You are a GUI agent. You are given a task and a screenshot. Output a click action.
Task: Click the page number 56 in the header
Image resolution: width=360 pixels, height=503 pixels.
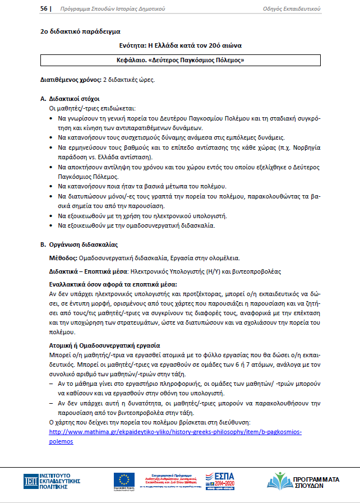tap(43, 9)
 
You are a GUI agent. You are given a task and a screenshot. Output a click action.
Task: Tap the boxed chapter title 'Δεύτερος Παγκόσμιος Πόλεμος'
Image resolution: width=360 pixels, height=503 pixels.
tap(180, 59)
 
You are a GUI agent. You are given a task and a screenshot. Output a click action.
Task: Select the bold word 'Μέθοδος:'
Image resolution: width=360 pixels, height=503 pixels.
tap(64, 258)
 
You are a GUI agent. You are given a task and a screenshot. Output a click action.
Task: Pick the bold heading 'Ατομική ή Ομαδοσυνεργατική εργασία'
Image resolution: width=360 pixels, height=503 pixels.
tap(105, 345)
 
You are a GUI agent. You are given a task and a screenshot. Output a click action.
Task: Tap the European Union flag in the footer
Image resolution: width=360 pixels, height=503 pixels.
tap(124, 479)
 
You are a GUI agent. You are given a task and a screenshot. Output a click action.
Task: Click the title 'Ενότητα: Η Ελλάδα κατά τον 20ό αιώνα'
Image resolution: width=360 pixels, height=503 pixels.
tap(180, 45)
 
